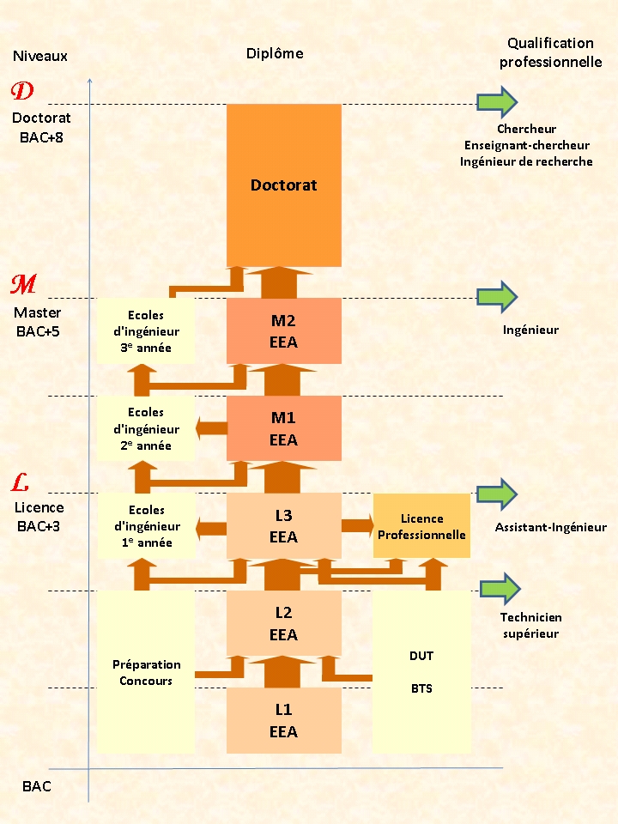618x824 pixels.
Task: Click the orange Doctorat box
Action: coord(283,185)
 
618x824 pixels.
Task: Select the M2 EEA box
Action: coord(283,331)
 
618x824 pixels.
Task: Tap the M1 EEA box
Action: coord(283,428)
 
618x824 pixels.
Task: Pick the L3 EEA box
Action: coord(283,526)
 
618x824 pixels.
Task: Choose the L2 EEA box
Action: coord(283,623)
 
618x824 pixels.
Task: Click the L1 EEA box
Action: coord(283,721)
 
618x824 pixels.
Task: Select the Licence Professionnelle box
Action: coord(421,526)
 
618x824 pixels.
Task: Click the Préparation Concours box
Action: coord(146,671)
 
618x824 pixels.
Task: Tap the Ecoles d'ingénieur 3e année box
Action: coord(146,331)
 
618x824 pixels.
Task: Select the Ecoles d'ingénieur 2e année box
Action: coord(146,428)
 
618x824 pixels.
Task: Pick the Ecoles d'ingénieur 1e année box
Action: coord(146,526)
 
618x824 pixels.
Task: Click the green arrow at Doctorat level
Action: coord(497,102)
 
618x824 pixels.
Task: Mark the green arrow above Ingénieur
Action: coord(497,297)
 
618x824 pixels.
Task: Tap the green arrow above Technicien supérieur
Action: coord(500,589)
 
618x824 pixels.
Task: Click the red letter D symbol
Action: coord(23,91)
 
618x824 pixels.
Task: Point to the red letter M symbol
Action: coord(23,285)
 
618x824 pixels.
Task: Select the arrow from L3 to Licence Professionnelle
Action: coord(357,525)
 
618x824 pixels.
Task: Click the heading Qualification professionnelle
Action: coord(550,52)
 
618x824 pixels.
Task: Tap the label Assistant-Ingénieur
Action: coord(550,527)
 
